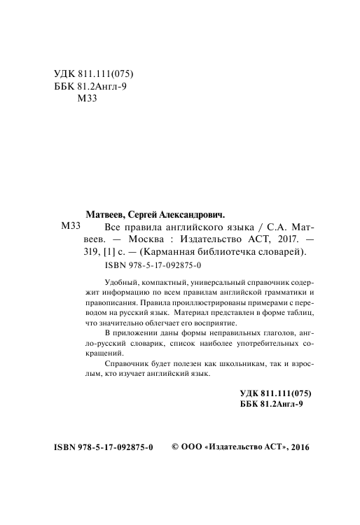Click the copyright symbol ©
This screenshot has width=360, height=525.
tap(176, 445)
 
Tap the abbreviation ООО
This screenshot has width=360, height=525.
tap(194, 446)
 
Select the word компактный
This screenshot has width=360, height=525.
tap(169, 281)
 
